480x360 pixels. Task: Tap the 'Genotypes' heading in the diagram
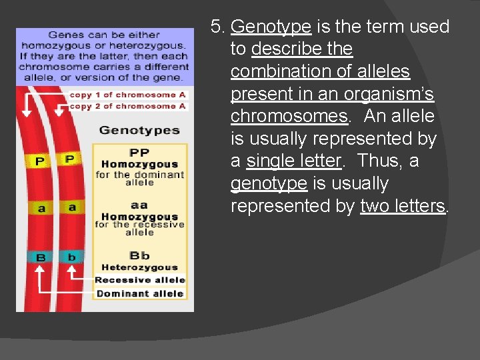coord(139,130)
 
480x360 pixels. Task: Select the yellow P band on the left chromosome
coord(39,161)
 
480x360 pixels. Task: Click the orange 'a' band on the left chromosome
coord(41,208)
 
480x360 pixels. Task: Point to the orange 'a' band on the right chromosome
coord(72,207)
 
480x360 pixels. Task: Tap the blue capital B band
coord(41,257)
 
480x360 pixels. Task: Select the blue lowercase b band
coord(71,257)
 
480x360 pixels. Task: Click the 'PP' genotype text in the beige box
coord(139,153)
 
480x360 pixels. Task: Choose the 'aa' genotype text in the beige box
coord(139,205)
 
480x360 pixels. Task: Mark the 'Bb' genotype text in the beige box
coord(139,255)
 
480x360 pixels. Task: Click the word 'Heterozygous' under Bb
coord(139,267)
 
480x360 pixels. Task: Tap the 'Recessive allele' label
coord(140,280)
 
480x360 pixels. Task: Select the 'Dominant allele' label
coord(140,293)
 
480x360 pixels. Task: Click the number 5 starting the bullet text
coord(216,27)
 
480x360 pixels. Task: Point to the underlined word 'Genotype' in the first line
coord(271,27)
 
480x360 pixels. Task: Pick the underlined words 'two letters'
coord(402,206)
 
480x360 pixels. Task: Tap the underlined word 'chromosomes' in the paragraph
coord(288,117)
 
